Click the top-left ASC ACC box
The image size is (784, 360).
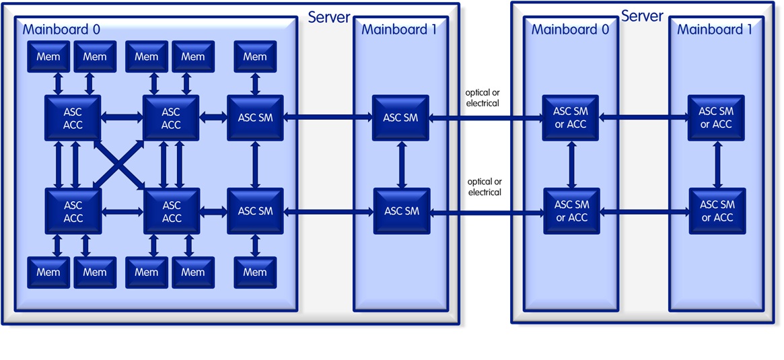tap(73, 118)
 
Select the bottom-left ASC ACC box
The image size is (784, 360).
tap(73, 211)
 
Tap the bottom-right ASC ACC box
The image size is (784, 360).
tap(171, 211)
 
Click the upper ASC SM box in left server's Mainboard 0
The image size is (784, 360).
tap(255, 118)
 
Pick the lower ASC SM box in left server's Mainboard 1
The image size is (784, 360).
tap(401, 211)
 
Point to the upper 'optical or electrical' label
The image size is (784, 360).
tap(483, 98)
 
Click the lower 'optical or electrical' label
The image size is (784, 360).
tap(485, 187)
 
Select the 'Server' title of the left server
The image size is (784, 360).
tap(328, 17)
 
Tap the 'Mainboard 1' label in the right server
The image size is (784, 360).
tap(714, 30)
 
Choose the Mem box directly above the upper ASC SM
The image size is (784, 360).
tap(255, 57)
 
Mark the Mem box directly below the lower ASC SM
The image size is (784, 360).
tap(255, 272)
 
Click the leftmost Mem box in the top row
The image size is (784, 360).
tap(48, 57)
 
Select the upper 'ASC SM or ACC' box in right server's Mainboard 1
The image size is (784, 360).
tap(715, 118)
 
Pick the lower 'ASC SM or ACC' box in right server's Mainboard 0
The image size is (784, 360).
tap(571, 211)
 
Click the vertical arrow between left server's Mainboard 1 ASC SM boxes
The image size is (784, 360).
tap(401, 165)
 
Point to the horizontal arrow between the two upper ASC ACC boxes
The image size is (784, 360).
tap(122, 118)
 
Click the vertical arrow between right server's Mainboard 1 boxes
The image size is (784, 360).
tap(717, 165)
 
